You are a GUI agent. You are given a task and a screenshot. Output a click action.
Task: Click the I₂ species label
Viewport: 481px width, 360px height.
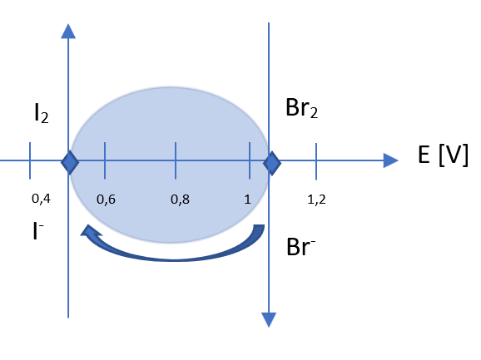[42, 113]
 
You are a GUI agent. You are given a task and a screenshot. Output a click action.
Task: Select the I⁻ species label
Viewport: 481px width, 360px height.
[38, 231]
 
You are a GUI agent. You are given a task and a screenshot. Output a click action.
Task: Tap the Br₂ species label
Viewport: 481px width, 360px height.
[301, 108]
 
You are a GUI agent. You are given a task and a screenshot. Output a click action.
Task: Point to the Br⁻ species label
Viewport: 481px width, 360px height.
[300, 247]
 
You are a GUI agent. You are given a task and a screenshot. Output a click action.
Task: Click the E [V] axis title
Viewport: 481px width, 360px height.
[443, 155]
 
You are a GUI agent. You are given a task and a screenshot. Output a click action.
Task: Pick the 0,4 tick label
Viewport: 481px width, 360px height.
[41, 199]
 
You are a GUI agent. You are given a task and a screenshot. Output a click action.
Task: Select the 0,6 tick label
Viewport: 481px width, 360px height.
[106, 200]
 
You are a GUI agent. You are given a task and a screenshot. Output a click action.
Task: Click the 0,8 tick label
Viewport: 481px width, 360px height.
[180, 200]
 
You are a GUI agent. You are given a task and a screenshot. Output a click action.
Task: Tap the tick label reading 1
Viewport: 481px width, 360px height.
[247, 200]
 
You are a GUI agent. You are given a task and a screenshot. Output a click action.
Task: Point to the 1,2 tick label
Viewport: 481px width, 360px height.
[316, 200]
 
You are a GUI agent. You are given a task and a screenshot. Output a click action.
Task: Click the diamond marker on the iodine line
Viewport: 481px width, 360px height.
[70, 162]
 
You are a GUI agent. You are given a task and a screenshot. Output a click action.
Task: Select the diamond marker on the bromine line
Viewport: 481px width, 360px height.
[272, 163]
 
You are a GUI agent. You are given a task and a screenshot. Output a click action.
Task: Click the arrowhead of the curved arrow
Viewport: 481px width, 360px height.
[90, 230]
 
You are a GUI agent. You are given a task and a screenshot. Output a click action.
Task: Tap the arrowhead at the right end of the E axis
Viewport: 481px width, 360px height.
[391, 160]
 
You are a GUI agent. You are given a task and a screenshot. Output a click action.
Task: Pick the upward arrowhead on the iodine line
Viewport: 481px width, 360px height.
[68, 32]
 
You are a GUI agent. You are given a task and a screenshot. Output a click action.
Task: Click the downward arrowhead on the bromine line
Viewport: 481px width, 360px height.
[269, 320]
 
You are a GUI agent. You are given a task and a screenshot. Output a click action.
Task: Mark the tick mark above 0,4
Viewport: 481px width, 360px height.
[30, 160]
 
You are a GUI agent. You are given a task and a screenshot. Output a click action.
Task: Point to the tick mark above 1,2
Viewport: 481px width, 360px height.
[316, 161]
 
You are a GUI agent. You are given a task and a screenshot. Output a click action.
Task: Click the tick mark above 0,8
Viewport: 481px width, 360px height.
[176, 160]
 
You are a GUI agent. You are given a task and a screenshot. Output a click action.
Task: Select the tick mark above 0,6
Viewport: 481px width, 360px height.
[105, 160]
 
